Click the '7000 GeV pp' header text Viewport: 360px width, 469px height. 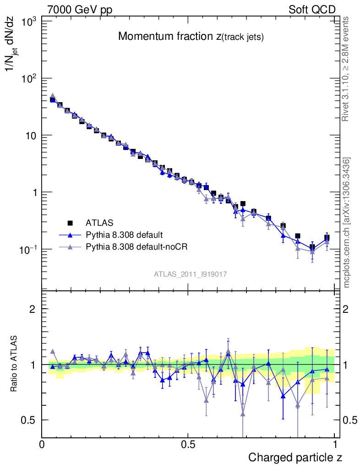(x=80, y=10)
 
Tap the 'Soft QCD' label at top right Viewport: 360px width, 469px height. (x=312, y=10)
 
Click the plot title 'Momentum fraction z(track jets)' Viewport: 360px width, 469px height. (x=191, y=37)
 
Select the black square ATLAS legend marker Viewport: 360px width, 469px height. (x=71, y=223)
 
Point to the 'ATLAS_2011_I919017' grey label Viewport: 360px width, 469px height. (x=191, y=274)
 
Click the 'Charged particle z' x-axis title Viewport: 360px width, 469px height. (x=295, y=457)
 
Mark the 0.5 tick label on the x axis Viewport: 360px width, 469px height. (x=188, y=444)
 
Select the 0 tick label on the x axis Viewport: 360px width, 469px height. (x=42, y=444)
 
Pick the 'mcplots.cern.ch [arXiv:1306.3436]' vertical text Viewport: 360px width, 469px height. (x=347, y=223)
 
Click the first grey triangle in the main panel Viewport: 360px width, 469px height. (x=53, y=96)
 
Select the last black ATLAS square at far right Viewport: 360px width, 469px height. (x=327, y=237)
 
